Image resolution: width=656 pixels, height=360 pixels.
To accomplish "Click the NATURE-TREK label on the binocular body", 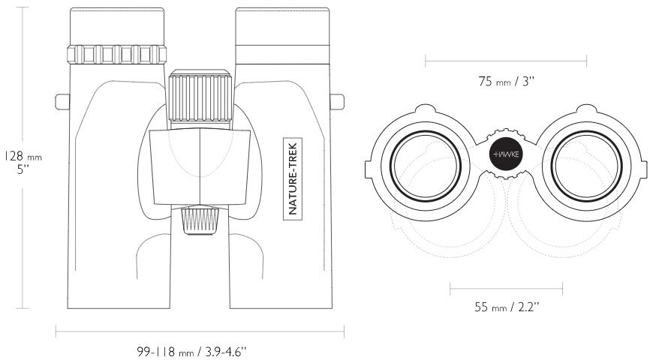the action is [x=293, y=178].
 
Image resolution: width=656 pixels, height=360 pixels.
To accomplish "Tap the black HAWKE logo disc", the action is [x=506, y=154].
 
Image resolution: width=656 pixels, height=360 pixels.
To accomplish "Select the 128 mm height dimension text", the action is [x=23, y=157].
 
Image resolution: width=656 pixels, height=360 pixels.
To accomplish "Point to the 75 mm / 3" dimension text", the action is [x=507, y=81].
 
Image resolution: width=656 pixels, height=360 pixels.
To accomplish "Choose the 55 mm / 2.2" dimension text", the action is [x=507, y=307].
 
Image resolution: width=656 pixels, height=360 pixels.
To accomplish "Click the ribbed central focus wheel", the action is [x=200, y=96].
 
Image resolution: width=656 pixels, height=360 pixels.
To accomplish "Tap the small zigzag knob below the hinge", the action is [x=200, y=220].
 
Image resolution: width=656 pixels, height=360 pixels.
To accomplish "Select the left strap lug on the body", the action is [x=62, y=102].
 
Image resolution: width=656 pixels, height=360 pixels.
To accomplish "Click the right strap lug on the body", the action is [x=337, y=102].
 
